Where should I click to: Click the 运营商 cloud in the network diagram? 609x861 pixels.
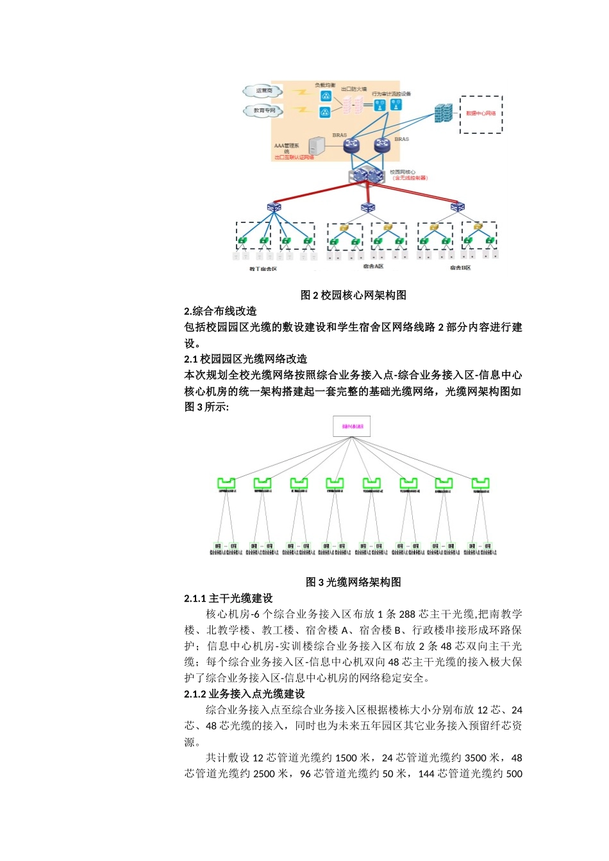point(263,92)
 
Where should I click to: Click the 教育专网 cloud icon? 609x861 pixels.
point(263,111)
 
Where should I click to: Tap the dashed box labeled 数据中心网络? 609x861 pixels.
point(481,114)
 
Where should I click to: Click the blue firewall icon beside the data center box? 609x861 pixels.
point(442,114)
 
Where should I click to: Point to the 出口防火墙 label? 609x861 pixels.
point(353,90)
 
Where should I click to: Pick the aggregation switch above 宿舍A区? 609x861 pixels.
point(367,208)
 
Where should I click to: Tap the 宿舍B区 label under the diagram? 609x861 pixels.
point(460,268)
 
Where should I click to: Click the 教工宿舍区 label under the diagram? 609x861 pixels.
point(263,269)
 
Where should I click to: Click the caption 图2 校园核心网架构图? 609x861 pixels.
point(353,295)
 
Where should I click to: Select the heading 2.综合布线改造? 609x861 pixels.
point(220,311)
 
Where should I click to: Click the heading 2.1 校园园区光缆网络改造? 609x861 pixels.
point(246,359)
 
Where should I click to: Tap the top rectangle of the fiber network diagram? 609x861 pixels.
point(352,427)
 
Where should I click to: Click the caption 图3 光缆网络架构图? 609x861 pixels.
point(353,582)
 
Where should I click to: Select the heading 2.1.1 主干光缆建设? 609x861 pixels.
point(228,598)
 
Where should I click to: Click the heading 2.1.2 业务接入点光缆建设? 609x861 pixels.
point(244,694)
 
